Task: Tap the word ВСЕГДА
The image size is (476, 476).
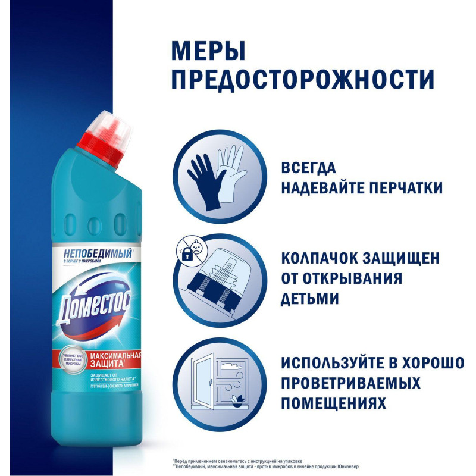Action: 309,167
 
